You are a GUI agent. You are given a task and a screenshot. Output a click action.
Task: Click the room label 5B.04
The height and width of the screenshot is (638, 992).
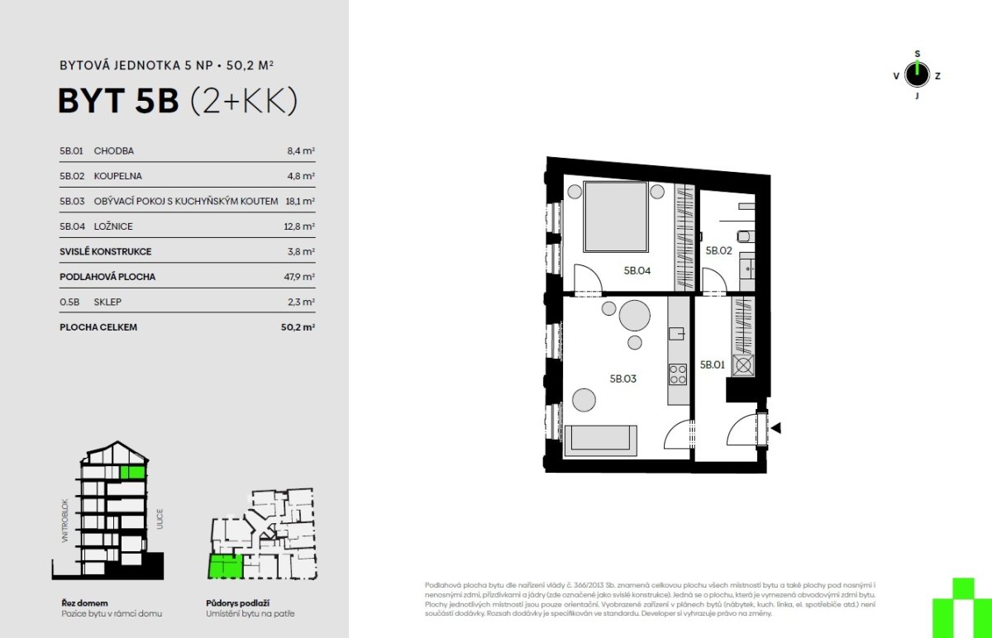click(x=637, y=270)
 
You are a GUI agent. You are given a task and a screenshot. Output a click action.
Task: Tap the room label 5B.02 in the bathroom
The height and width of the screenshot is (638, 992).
click(x=718, y=250)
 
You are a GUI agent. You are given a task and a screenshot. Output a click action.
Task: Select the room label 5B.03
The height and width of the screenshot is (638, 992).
click(x=622, y=379)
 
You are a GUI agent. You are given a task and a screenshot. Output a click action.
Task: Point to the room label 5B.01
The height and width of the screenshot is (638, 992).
click(x=712, y=364)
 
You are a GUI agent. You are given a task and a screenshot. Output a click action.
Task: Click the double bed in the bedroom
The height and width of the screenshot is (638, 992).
click(x=616, y=217)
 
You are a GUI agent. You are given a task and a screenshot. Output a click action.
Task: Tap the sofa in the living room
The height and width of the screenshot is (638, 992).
click(x=600, y=440)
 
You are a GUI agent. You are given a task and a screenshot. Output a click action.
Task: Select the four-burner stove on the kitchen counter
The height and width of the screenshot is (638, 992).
click(x=678, y=374)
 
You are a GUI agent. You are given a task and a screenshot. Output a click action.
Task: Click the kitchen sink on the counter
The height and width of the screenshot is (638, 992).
click(x=676, y=333)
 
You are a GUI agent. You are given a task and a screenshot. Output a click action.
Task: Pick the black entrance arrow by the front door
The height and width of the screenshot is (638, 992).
click(x=776, y=428)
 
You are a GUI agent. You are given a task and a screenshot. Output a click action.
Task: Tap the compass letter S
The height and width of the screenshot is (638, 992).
click(x=917, y=54)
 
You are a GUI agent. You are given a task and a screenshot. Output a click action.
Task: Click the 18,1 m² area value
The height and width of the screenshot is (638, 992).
click(x=300, y=201)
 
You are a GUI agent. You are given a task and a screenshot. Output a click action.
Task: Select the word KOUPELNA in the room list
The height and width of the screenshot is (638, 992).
click(x=117, y=176)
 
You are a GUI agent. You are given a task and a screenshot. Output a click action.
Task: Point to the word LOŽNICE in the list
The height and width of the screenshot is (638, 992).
click(x=113, y=226)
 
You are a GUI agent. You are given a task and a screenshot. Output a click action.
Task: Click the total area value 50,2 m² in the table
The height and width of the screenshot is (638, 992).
click(x=298, y=327)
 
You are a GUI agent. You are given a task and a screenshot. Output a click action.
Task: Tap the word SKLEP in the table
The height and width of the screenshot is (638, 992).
click(x=107, y=302)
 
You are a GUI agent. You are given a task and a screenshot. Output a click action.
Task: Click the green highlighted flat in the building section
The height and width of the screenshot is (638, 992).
click(x=132, y=473)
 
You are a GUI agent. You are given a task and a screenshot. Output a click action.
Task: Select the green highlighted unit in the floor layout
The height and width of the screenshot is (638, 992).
click(x=226, y=566)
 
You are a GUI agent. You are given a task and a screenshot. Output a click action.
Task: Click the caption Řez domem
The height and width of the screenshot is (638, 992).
click(x=84, y=603)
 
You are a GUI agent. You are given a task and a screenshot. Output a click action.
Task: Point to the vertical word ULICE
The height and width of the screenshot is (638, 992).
click(x=160, y=519)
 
